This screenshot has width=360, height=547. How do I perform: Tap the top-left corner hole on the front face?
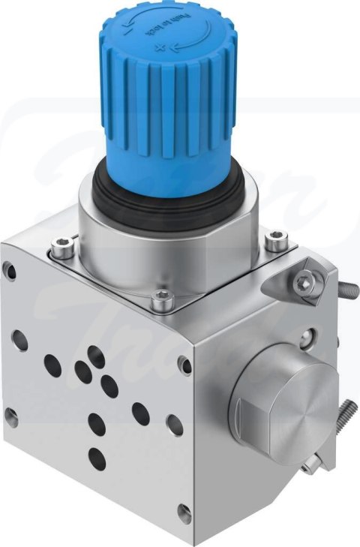(x=10, y=269)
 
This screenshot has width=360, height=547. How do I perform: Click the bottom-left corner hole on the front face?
(x=11, y=416)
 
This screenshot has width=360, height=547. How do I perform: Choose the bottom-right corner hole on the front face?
(x=184, y=513)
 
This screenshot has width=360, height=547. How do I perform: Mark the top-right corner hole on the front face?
(x=184, y=364)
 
